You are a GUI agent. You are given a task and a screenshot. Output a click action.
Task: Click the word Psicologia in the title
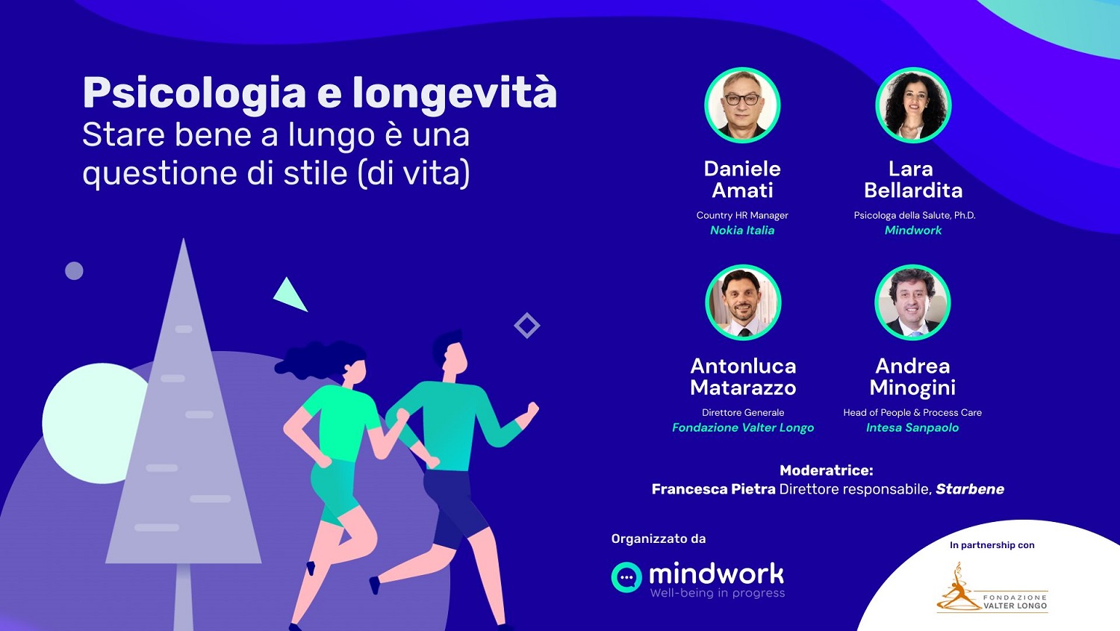[194, 93]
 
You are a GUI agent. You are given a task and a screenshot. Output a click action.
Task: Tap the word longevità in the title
[455, 93]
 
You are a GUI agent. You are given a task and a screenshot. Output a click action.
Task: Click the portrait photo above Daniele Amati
[742, 105]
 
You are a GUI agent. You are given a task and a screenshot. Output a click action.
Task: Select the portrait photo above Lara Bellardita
[913, 105]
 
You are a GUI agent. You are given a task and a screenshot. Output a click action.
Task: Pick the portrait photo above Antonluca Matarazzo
[743, 302]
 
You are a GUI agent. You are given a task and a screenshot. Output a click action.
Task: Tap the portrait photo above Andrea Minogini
[912, 302]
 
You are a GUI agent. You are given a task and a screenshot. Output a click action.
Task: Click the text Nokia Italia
[742, 230]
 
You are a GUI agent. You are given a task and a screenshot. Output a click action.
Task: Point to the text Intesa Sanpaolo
[912, 427]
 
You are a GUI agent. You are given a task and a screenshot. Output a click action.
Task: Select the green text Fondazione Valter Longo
[743, 427]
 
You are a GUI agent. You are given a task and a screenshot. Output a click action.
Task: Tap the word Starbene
[970, 489]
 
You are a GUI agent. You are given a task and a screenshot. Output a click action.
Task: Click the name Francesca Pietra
[714, 489]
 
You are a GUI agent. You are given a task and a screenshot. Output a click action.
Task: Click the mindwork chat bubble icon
[626, 577]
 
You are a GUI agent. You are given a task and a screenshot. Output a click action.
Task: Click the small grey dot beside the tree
[74, 270]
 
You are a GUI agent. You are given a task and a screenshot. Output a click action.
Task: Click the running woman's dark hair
[320, 360]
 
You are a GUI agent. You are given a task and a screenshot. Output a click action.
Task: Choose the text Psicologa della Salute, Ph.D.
[915, 216]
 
